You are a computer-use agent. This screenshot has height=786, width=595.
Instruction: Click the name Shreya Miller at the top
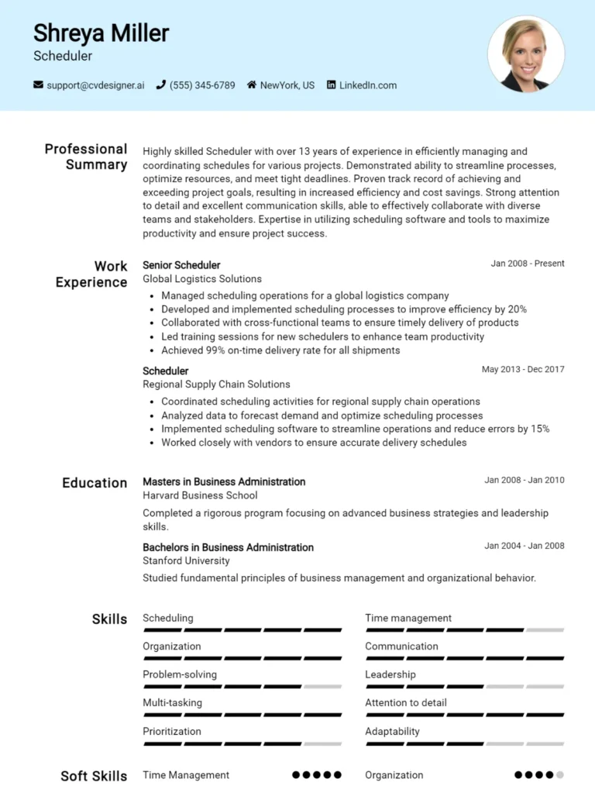101,33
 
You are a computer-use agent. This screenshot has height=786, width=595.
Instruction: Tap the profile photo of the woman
525,54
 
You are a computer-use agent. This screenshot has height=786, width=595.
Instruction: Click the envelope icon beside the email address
38,85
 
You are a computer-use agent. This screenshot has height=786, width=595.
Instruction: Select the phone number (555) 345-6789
201,85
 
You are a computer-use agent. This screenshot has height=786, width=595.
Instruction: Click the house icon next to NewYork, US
252,85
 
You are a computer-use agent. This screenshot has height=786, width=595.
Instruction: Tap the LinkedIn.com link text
367,85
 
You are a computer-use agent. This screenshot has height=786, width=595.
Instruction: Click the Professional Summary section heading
85,157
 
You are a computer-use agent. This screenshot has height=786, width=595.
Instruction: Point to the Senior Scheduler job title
181,265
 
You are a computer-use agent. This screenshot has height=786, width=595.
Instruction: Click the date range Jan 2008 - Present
528,264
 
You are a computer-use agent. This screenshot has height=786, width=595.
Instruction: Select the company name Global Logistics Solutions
202,279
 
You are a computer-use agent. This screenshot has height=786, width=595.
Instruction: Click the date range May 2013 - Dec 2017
523,369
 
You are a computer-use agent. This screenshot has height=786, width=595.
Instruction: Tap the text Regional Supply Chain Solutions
216,384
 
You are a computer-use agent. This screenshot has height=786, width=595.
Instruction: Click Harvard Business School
200,495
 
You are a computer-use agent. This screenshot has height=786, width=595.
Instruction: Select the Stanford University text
186,560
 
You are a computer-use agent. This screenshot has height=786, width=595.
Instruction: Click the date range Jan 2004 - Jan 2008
524,546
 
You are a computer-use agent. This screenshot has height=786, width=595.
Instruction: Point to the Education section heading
95,483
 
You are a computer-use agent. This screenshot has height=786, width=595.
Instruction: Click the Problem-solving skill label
180,674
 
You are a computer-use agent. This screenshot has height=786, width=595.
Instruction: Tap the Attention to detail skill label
406,703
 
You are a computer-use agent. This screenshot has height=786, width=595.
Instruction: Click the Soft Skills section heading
94,776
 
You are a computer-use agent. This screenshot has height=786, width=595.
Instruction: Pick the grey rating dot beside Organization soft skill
560,774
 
